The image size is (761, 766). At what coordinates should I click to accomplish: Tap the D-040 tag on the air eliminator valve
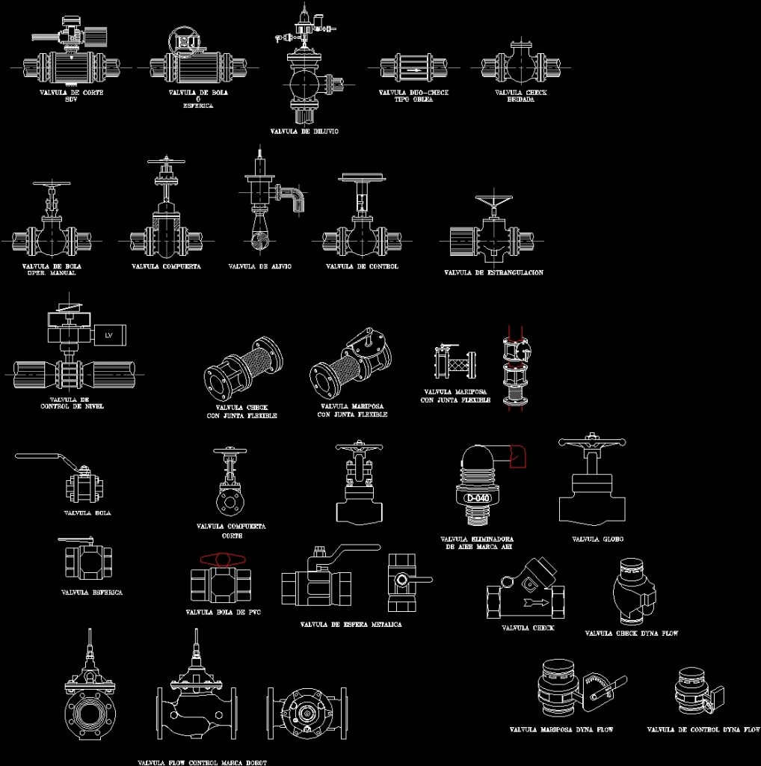tap(477, 498)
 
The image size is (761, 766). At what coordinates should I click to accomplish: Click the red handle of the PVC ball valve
tap(222, 559)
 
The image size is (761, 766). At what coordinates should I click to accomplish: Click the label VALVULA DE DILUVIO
tap(304, 131)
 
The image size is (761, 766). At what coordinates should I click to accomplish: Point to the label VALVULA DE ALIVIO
tap(259, 266)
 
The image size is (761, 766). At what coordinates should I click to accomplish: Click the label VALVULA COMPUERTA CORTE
tap(231, 530)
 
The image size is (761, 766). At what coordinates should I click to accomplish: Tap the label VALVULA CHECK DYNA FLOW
tap(632, 634)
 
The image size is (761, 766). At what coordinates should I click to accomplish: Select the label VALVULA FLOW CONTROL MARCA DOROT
tap(202, 762)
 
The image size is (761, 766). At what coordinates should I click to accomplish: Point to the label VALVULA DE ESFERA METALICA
tap(351, 624)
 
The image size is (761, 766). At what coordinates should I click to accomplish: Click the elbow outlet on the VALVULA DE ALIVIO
tap(292, 196)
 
